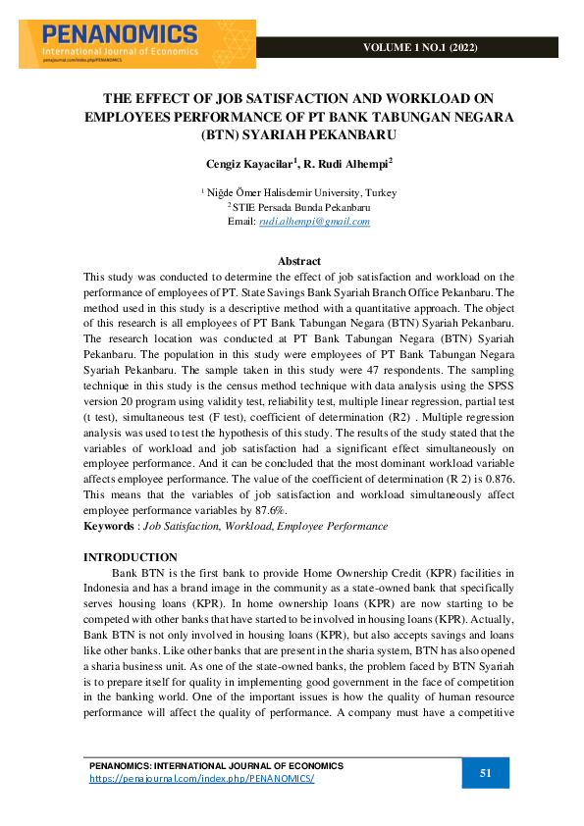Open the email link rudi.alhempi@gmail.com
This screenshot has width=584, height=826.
click(x=314, y=221)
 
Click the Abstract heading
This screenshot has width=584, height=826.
click(x=299, y=261)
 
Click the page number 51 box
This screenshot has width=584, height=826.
click(x=485, y=773)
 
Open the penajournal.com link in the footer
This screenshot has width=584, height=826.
click(x=201, y=778)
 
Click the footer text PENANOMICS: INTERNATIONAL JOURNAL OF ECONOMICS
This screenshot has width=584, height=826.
click(x=216, y=765)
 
